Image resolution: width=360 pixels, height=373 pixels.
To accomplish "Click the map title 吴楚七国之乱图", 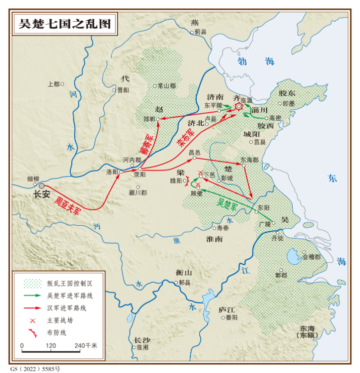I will (x=64, y=23).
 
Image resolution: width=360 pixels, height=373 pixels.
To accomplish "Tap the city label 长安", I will (x=42, y=195).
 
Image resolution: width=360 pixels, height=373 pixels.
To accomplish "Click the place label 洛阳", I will (x=112, y=172).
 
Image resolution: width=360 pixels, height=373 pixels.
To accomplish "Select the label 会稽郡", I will (x=311, y=257).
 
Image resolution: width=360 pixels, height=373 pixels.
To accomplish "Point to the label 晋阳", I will (x=123, y=90).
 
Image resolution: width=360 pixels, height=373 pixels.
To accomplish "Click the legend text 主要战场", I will (x=60, y=320).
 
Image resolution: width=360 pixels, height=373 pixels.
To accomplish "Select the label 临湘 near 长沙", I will (x=142, y=347).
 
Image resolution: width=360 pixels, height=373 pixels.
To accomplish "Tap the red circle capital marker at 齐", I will (x=239, y=106).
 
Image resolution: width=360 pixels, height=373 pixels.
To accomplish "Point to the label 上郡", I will (x=53, y=83).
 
